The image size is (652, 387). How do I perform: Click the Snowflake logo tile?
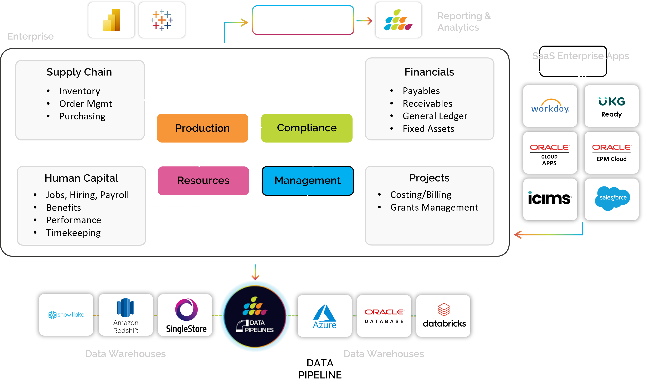[x=66, y=315]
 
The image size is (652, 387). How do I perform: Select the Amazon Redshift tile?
[x=126, y=315]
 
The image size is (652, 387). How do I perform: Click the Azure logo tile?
[x=324, y=316]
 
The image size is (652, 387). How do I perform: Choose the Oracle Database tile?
[x=384, y=316]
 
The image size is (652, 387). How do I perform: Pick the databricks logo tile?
[x=443, y=316]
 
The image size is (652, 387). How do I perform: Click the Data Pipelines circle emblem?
[x=255, y=316]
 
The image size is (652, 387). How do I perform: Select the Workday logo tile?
[x=550, y=106]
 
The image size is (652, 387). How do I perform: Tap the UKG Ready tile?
[x=611, y=106]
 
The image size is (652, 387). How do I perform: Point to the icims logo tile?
[x=550, y=199]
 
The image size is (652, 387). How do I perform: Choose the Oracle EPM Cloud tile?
[x=611, y=153]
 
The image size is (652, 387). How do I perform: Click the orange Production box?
[x=202, y=128]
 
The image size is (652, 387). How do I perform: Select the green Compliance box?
[x=307, y=128]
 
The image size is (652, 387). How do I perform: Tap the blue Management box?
[x=308, y=180]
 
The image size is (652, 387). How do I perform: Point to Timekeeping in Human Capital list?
[x=73, y=233]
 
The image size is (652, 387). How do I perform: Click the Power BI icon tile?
[x=111, y=20]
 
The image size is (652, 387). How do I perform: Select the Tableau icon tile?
[x=162, y=20]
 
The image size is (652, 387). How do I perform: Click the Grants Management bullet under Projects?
[x=434, y=207]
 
